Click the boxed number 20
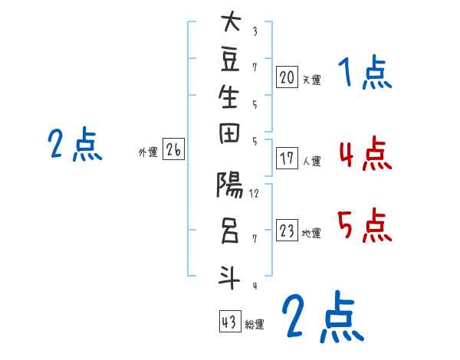tap(287, 77)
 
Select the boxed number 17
tap(287, 159)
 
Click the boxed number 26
tap(173, 151)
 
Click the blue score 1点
tap(364, 75)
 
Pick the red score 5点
tap(364, 226)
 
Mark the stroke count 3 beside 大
tap(255, 31)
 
